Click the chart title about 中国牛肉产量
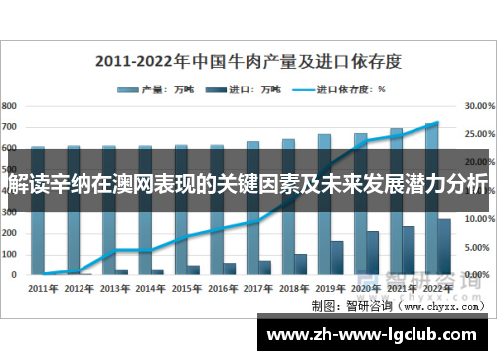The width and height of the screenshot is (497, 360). click(x=248, y=61)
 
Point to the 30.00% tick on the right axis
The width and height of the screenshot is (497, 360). click(x=480, y=104)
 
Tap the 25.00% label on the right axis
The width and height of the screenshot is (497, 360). click(x=480, y=133)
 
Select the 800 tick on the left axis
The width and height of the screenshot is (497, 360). click(x=10, y=104)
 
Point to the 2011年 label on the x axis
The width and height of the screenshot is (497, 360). click(x=43, y=288)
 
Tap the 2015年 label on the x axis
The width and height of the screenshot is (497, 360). click(x=186, y=288)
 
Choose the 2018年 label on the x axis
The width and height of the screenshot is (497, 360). click(x=294, y=288)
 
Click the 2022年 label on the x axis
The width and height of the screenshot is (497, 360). click(x=437, y=288)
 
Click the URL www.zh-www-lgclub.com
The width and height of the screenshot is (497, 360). click(x=377, y=334)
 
